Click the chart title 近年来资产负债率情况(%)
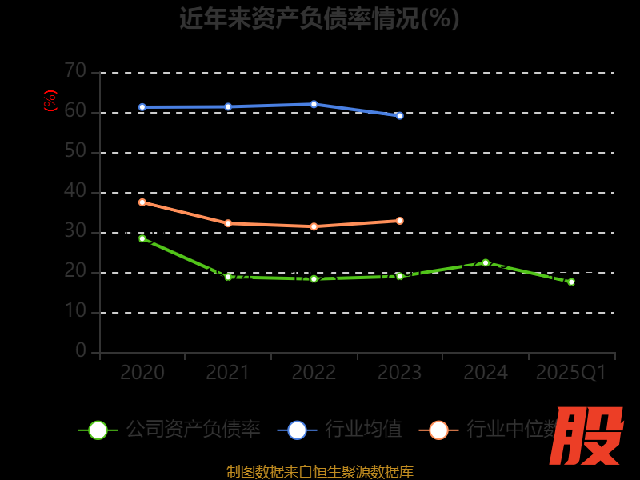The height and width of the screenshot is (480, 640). click(319, 18)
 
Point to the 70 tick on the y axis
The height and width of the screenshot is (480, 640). click(75, 71)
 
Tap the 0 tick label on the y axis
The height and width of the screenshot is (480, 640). click(81, 350)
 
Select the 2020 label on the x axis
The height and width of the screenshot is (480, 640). click(142, 373)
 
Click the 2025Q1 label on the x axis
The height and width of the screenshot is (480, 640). click(570, 373)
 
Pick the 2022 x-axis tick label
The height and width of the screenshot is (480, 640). click(314, 373)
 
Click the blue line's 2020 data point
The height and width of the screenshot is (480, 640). click(142, 107)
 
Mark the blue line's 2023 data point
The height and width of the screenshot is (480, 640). click(399, 115)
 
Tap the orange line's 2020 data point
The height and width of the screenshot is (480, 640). click(142, 202)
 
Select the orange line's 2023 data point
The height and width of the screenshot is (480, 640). click(399, 221)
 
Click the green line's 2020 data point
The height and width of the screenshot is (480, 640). click(142, 238)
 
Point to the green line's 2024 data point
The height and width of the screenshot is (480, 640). click(485, 262)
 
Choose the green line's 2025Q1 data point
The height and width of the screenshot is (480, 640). click(570, 282)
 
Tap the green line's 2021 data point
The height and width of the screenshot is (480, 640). click(228, 277)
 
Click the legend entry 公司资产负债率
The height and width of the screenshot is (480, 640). click(193, 430)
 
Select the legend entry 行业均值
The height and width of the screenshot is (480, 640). click(363, 430)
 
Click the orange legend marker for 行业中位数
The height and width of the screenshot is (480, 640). click(438, 430)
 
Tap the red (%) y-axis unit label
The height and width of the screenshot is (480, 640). click(50, 101)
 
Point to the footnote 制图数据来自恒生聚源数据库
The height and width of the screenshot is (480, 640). click(319, 471)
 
